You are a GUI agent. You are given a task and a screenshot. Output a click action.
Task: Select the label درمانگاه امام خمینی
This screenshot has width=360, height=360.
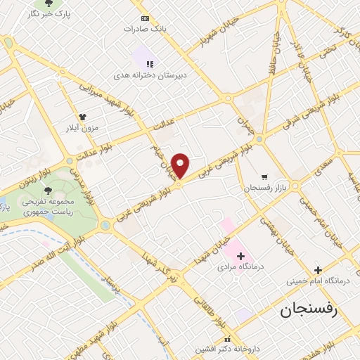point(316,281)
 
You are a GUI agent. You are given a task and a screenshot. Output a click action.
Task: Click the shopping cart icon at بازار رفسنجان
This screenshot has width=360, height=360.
point(264,177)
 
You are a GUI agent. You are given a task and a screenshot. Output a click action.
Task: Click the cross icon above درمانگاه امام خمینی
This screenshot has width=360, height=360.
point(318,270)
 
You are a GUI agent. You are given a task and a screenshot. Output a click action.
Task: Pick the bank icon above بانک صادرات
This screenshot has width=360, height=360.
point(145,18)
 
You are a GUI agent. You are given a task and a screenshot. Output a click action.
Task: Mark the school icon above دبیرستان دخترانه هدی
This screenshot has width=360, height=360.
point(149,63)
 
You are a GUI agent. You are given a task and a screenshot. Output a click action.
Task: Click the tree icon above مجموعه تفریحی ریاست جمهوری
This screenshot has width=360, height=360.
point(49,190)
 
